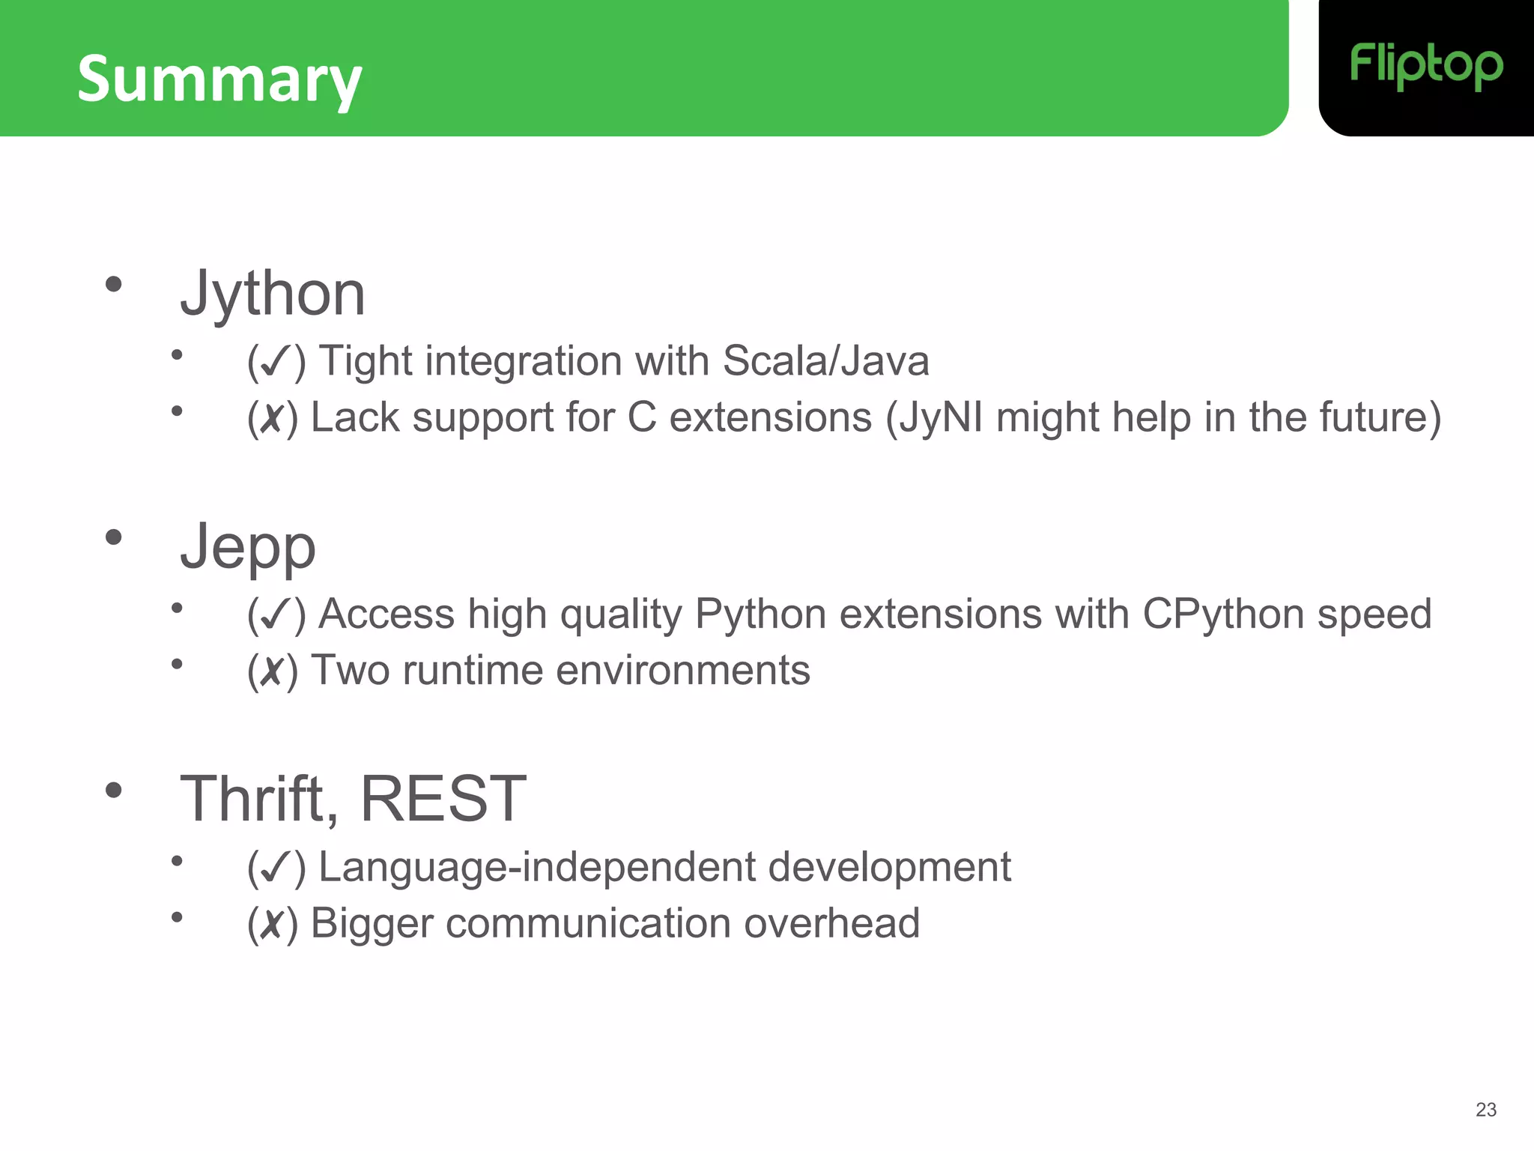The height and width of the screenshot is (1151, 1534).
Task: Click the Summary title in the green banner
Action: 219,79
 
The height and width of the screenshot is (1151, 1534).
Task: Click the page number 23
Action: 1485,1110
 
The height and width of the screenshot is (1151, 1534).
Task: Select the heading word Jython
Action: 273,294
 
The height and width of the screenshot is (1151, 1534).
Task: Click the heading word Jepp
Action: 248,547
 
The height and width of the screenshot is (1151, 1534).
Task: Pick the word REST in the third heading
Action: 443,800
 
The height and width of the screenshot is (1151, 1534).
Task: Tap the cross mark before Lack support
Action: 272,419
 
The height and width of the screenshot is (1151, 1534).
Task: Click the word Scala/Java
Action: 825,361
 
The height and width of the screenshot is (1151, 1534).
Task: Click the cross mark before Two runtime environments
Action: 272,671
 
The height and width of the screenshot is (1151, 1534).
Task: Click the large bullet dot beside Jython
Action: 114,284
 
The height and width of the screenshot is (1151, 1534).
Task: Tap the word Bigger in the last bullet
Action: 372,924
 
